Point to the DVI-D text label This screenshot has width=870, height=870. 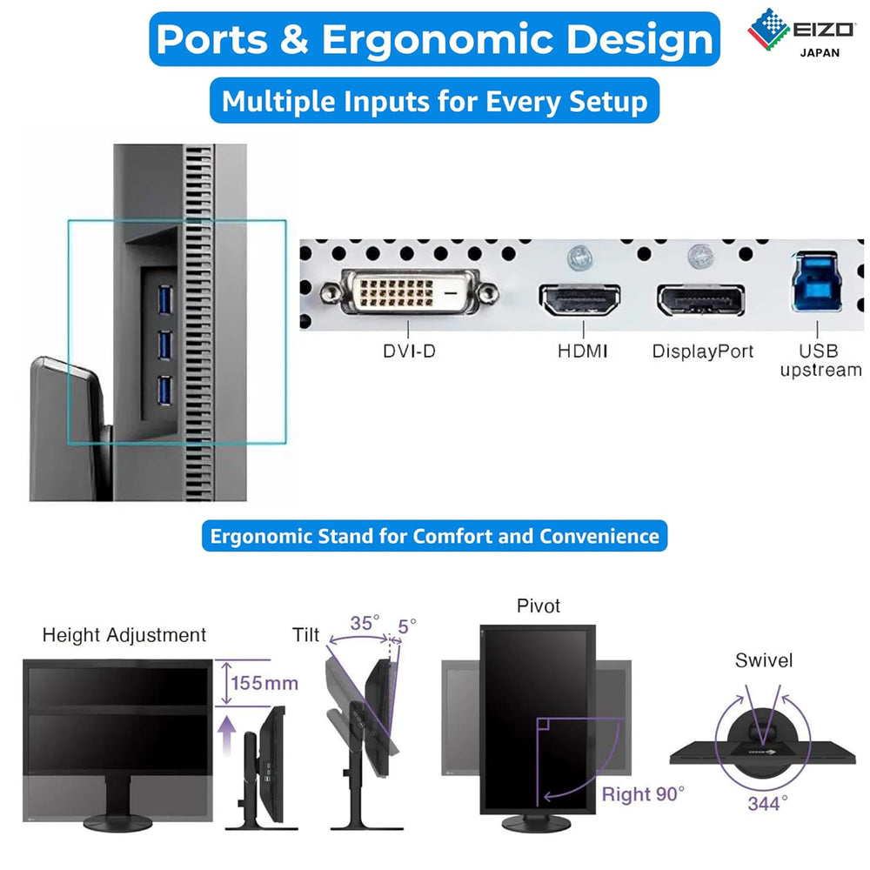[x=409, y=352]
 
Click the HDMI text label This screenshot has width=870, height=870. [x=582, y=351]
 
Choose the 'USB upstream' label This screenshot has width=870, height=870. [x=820, y=360]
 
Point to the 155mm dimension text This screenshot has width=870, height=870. [x=264, y=683]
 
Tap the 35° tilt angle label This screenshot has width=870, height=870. [x=365, y=624]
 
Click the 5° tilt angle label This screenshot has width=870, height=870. [x=406, y=625]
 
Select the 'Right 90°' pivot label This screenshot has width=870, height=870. [x=643, y=793]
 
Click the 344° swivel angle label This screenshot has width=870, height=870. [x=768, y=802]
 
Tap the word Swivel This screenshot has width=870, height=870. [x=764, y=660]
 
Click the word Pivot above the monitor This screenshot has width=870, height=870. [x=539, y=606]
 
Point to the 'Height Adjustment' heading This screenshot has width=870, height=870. [x=124, y=635]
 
